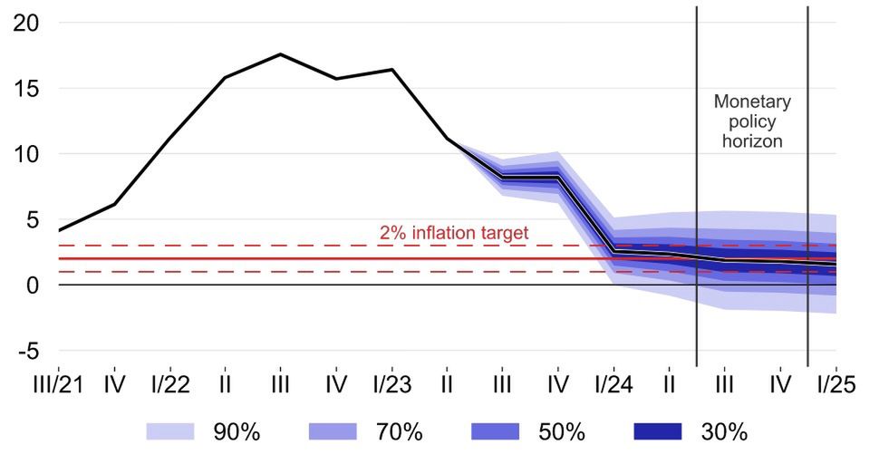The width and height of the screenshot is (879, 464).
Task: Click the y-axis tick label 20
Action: [x=27, y=24]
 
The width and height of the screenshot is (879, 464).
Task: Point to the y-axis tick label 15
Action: [x=27, y=89]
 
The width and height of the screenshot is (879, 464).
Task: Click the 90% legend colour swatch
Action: [x=169, y=432]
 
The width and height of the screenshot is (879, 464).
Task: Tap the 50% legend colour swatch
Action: [x=494, y=432]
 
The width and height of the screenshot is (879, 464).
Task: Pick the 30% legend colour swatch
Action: [x=656, y=432]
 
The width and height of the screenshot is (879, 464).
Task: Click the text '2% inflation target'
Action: [x=453, y=234]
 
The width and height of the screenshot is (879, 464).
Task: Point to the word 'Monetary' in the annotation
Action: [x=752, y=101]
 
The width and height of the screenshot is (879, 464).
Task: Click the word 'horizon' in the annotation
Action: [x=752, y=141]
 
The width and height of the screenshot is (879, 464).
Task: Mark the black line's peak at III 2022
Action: [x=280, y=54]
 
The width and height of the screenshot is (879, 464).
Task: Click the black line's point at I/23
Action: [x=392, y=70]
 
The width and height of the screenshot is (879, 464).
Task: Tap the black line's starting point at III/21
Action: [x=58, y=230]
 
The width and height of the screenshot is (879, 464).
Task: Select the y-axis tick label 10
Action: [x=27, y=154]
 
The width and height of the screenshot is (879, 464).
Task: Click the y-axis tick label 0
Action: [x=33, y=285]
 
